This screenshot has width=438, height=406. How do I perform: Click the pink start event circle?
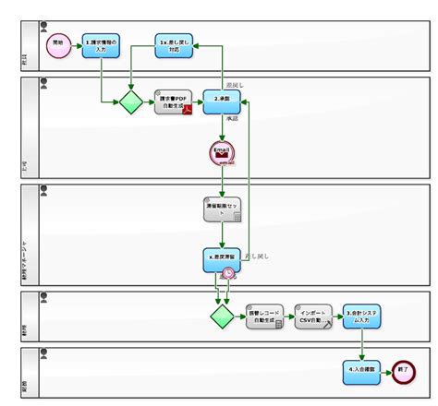pos(58,43)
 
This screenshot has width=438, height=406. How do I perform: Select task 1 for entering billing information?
pos(101,44)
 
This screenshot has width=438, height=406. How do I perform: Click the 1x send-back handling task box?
pos(173,44)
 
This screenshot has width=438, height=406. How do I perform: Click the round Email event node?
pos(222,154)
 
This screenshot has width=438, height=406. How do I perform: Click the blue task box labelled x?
pos(222,259)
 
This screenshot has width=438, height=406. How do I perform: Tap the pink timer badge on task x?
pos(229,273)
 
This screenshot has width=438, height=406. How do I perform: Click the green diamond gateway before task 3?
pos(221,316)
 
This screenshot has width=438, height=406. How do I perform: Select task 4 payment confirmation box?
pos(360,371)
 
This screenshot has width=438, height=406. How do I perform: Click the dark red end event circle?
pos(403,371)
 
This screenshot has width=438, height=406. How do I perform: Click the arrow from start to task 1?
pos(77,44)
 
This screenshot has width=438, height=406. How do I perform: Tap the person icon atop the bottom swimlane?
pos(43,352)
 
